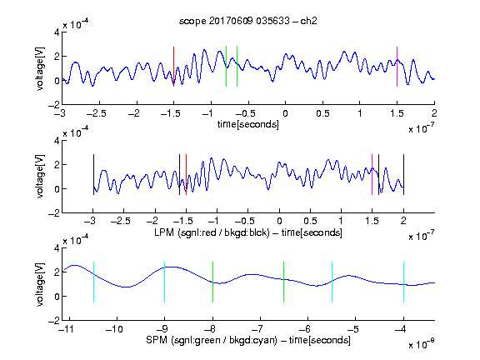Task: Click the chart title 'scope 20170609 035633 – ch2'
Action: (248, 21)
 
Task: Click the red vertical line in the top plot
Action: (173, 67)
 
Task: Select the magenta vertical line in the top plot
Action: (397, 67)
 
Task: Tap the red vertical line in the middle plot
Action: (186, 174)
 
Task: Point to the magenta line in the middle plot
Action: (372, 174)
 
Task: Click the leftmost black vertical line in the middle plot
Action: (93, 174)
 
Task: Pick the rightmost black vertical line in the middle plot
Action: (403, 174)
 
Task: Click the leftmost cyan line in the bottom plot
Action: (93, 282)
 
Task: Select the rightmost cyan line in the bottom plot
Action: (403, 282)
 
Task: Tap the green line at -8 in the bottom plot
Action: (212, 282)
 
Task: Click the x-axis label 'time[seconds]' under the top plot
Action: (248, 124)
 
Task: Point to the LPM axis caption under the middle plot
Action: (248, 232)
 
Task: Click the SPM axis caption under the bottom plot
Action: (248, 340)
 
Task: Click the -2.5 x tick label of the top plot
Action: (97, 113)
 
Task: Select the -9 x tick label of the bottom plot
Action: (162, 329)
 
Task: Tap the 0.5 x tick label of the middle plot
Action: (310, 221)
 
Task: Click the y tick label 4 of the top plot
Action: (57, 32)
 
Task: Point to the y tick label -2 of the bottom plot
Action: (54, 321)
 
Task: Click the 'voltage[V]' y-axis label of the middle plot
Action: (40, 177)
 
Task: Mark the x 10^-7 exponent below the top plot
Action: (422, 128)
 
